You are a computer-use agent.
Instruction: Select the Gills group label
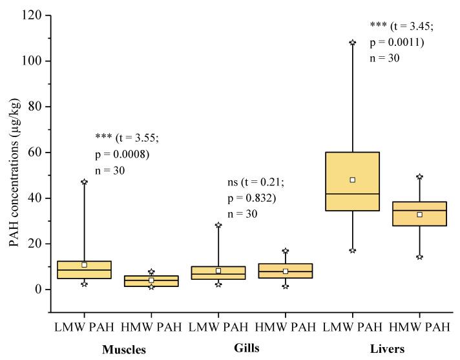tap(246, 348)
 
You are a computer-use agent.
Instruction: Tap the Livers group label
tap(386, 349)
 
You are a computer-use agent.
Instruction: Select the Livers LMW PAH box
tap(352, 181)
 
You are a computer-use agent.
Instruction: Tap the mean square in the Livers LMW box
tap(352, 180)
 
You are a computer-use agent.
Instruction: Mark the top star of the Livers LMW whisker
tap(352, 43)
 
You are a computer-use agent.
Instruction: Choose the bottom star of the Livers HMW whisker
tap(419, 257)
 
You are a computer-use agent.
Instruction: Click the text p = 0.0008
tap(122, 154)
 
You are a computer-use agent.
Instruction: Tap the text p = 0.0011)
tap(395, 42)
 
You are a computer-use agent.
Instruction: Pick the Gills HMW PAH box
tap(285, 271)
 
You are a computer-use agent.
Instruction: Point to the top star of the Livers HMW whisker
tap(419, 176)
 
